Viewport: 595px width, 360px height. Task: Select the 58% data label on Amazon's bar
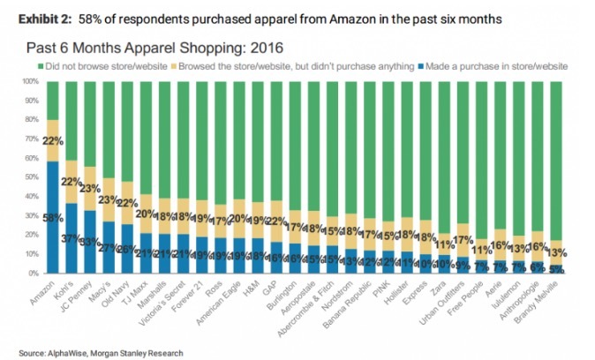(x=52, y=216)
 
